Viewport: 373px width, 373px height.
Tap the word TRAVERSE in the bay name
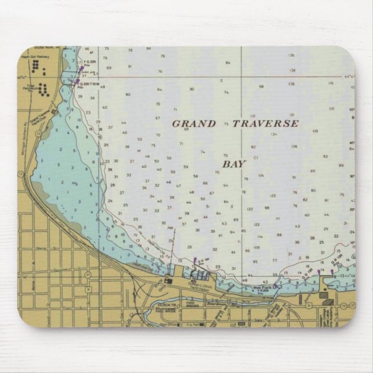click(265, 123)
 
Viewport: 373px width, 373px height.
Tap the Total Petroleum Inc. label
click(30, 88)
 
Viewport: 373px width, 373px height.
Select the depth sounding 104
click(261, 175)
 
